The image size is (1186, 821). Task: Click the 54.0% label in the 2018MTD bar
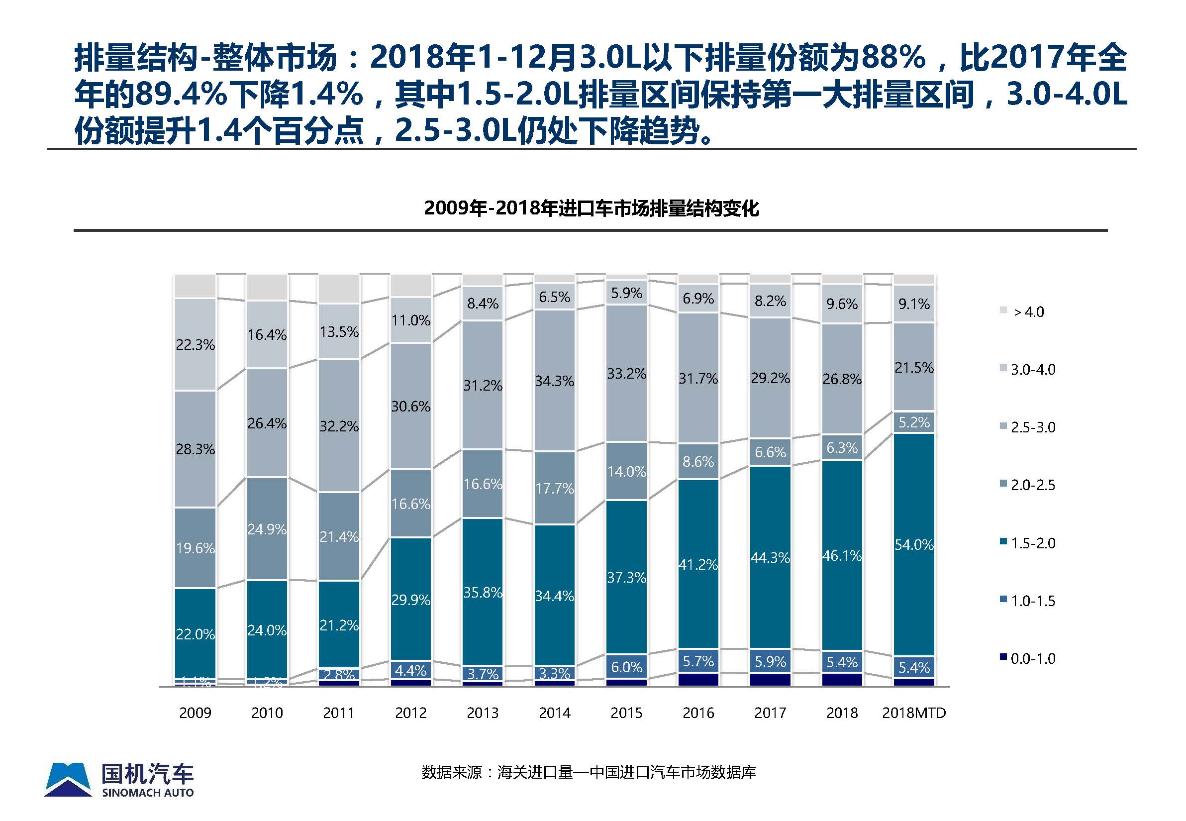click(x=913, y=545)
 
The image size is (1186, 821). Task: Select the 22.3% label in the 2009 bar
click(x=195, y=345)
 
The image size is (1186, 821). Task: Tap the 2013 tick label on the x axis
click(x=483, y=713)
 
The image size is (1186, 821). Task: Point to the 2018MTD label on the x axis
click(x=913, y=713)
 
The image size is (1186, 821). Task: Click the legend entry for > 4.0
click(x=1028, y=312)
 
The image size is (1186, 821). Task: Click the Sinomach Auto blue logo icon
click(x=68, y=779)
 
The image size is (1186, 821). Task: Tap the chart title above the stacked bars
click(x=591, y=208)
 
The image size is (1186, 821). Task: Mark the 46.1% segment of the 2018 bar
click(x=842, y=556)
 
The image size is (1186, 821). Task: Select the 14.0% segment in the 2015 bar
click(x=626, y=471)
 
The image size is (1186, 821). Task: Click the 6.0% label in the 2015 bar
click(x=626, y=667)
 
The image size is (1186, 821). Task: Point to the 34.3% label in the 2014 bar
click(x=554, y=381)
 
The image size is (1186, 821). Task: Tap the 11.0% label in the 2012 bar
click(x=410, y=320)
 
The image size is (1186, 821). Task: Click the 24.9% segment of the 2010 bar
click(x=267, y=529)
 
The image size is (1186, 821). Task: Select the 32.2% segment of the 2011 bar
click(x=339, y=426)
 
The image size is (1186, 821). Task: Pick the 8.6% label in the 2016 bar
click(x=698, y=461)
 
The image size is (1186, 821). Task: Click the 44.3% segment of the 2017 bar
click(x=770, y=558)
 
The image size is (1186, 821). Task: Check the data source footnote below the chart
click(x=589, y=772)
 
